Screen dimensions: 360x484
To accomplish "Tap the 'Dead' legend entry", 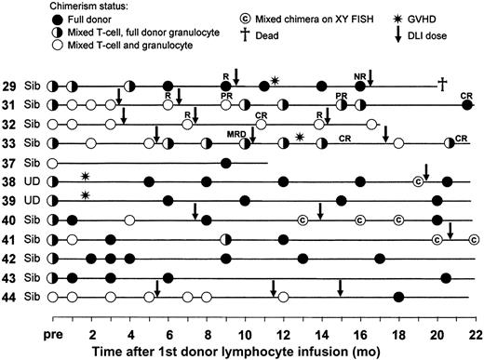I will pyautogui.click(x=305, y=34).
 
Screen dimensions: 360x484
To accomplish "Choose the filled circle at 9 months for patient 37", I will pyautogui.click(x=225, y=162).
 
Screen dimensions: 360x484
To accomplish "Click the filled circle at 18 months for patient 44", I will pyautogui.click(x=398, y=298).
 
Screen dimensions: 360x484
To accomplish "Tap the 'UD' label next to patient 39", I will pyautogui.click(x=34, y=201).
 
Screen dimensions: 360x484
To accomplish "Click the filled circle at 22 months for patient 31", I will pyautogui.click(x=468, y=105).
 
